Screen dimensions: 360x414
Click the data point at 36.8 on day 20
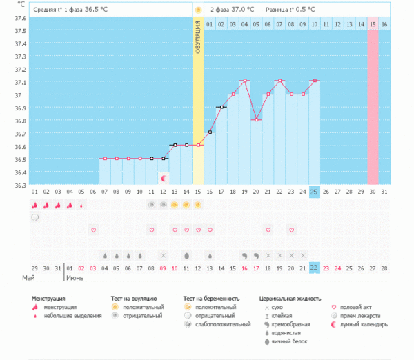point(256,120)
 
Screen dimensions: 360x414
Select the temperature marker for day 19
point(244,81)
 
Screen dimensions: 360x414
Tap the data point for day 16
point(210,132)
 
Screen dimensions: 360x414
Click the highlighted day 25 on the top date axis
point(314,191)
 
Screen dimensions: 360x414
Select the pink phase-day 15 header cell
point(373,25)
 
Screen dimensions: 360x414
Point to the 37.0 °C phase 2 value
point(241,10)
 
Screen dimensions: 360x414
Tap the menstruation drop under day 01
point(34,205)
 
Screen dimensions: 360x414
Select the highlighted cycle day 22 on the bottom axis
point(314,268)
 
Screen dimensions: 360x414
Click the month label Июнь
point(74,279)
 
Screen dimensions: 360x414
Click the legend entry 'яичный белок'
point(288,341)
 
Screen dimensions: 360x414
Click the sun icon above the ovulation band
point(198,10)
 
